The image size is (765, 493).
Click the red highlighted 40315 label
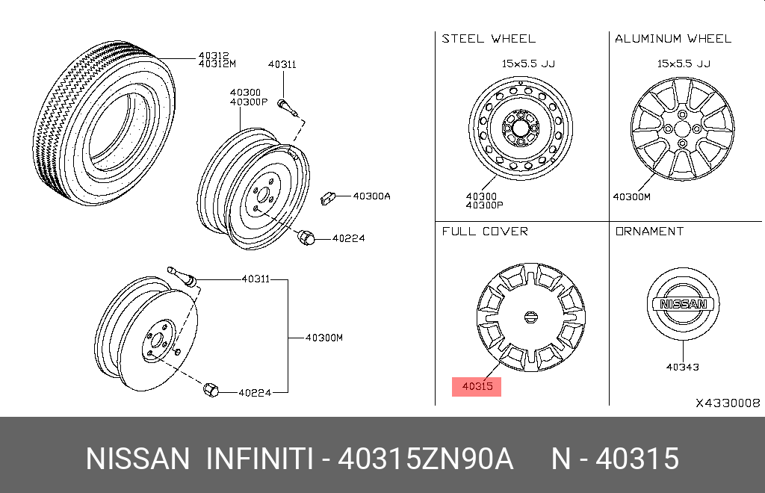477,386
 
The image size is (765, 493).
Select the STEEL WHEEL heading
489,39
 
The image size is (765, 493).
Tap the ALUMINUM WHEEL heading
672,39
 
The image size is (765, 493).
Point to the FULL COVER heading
485,232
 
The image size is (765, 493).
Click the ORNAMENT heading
649,232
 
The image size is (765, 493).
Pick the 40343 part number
682,368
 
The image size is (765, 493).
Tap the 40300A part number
371,196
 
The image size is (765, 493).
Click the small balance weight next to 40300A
326,197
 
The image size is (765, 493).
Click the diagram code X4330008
728,403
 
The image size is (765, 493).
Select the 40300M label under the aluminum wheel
631,197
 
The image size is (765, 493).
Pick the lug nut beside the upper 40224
305,238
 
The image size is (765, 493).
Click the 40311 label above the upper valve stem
282,65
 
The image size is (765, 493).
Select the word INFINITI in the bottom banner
258,459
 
